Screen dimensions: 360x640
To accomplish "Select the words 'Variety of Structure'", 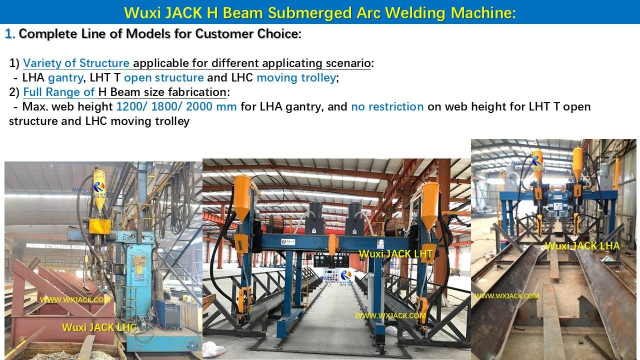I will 76,63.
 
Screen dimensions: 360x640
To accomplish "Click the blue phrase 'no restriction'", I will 387,106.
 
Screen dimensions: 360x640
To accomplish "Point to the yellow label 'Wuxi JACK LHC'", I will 99,327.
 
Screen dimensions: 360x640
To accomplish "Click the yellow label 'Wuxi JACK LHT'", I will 395,254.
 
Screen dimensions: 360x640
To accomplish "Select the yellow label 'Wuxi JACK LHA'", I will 582,246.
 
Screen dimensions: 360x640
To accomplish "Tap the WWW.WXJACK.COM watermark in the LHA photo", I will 506,296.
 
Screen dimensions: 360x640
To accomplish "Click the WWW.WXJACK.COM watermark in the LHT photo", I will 390,315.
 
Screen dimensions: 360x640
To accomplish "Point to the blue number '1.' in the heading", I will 10,34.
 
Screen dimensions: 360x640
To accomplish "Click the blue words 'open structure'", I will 163,78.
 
